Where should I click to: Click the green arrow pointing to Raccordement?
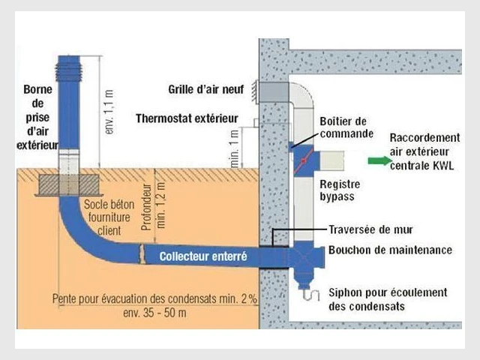(379, 160)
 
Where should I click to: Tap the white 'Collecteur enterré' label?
(203, 256)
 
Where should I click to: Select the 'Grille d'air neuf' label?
(206, 89)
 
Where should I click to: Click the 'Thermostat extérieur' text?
(187, 118)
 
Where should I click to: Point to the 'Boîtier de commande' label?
(346, 127)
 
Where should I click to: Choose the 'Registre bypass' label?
(340, 190)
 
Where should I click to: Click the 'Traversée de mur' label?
(370, 229)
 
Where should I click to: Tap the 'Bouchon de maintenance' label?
(390, 250)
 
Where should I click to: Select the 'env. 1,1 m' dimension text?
(109, 112)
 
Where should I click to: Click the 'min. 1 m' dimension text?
(235, 148)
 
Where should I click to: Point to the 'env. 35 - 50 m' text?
(154, 313)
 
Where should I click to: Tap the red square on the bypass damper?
(303, 160)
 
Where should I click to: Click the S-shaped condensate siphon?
(311, 295)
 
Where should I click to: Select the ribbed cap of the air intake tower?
(69, 72)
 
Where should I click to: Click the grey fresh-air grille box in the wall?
(274, 91)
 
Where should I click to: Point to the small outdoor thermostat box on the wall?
(256, 123)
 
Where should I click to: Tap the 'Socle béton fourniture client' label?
(109, 217)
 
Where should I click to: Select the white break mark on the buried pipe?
(142, 253)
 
